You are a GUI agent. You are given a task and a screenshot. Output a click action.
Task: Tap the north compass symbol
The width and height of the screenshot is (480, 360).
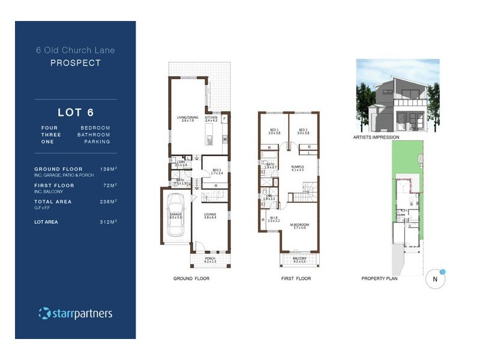pyautogui.click(x=436, y=279)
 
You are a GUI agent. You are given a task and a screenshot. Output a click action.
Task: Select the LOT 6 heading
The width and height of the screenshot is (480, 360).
pyautogui.click(x=76, y=112)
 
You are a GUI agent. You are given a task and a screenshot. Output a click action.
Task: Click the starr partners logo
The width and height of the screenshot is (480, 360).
pyautogui.click(x=76, y=313)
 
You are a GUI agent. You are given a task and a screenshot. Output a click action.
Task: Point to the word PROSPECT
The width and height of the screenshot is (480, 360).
pyautogui.click(x=76, y=63)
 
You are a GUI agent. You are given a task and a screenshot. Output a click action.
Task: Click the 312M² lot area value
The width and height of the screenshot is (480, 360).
pyautogui.click(x=108, y=222)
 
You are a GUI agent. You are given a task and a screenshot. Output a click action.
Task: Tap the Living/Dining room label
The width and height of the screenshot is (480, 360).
pyautogui.click(x=187, y=119)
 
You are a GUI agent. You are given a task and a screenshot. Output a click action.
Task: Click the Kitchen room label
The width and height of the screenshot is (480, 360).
pyautogui.click(x=211, y=119)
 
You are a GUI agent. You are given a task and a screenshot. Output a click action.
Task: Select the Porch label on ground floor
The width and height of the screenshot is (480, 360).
pyautogui.click(x=209, y=260)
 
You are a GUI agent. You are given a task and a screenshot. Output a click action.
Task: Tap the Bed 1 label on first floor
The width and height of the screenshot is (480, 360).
pyautogui.click(x=274, y=131)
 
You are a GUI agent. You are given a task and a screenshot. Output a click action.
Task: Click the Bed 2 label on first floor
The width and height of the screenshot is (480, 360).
pyautogui.click(x=303, y=131)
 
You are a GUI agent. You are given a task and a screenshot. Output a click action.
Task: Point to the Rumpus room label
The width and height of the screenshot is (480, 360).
pyautogui.click(x=298, y=169)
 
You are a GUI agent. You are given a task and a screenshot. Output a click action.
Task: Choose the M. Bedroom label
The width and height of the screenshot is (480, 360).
pyautogui.click(x=298, y=226)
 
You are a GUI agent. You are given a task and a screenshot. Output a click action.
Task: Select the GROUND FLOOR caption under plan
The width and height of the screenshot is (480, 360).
pyautogui.click(x=191, y=279)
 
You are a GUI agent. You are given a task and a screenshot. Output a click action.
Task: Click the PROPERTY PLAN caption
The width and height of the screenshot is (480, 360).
pyautogui.click(x=379, y=279)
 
